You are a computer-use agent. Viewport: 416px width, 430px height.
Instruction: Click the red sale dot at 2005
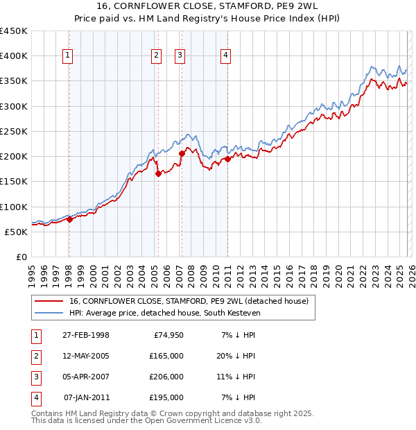coord(158,174)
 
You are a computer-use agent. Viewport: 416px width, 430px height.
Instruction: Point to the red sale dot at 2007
coord(182,153)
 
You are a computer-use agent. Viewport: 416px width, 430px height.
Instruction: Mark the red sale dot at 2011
coord(227,159)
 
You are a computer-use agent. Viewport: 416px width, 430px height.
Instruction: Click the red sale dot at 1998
coord(69,219)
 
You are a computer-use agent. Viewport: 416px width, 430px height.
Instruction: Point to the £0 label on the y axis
coord(21,257)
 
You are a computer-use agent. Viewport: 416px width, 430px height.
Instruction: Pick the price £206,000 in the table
coord(166,377)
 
